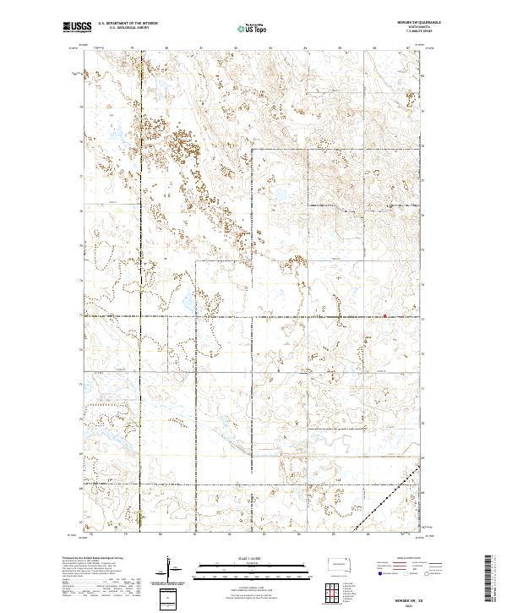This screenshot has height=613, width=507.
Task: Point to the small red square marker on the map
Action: [385, 316]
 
